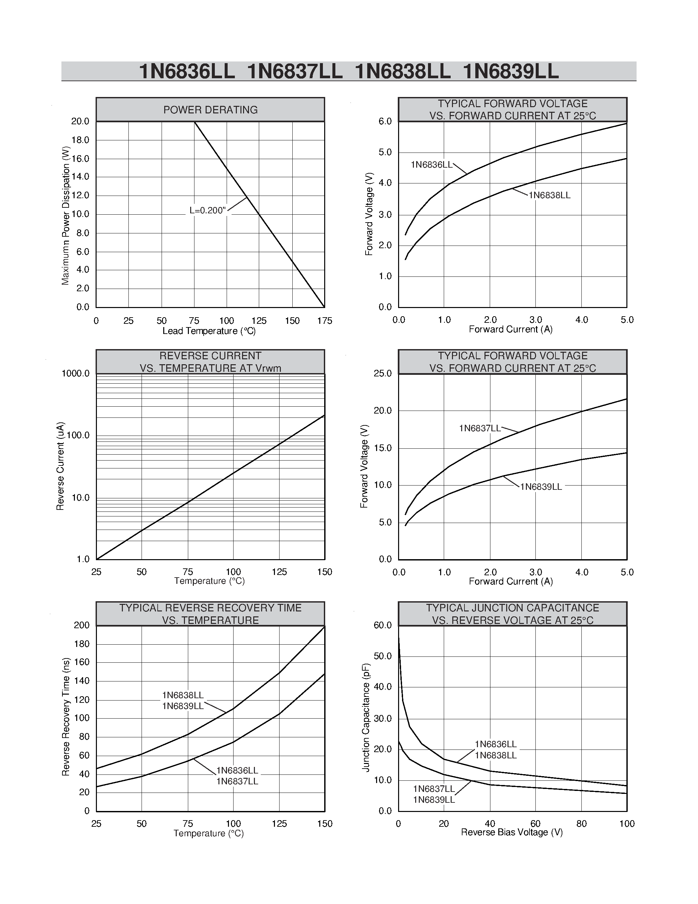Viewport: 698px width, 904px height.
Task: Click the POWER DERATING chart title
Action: pyautogui.click(x=210, y=110)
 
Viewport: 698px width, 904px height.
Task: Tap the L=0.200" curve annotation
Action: pyautogui.click(x=207, y=210)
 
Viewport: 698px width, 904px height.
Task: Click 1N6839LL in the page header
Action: pyautogui.click(x=511, y=71)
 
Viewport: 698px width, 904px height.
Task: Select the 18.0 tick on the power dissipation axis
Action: pyautogui.click(x=80, y=140)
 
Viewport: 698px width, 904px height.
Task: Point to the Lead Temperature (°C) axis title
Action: pyautogui.click(x=209, y=331)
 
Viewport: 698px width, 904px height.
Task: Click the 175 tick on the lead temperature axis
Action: pyautogui.click(x=325, y=321)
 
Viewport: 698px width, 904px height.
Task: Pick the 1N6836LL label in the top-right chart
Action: pyautogui.click(x=431, y=165)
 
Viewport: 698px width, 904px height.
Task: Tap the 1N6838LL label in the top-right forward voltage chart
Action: pyautogui.click(x=550, y=195)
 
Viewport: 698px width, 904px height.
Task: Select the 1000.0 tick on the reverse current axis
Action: pyautogui.click(x=75, y=373)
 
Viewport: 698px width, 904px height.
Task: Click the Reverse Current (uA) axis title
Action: pyautogui.click(x=60, y=466)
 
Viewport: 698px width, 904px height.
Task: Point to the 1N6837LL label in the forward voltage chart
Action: pyautogui.click(x=479, y=428)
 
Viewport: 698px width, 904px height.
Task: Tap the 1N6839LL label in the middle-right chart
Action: pyautogui.click(x=541, y=487)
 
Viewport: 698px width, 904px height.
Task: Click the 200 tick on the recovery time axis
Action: pyautogui.click(x=81, y=626)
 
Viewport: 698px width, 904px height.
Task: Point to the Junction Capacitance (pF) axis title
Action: pyautogui.click(x=366, y=718)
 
